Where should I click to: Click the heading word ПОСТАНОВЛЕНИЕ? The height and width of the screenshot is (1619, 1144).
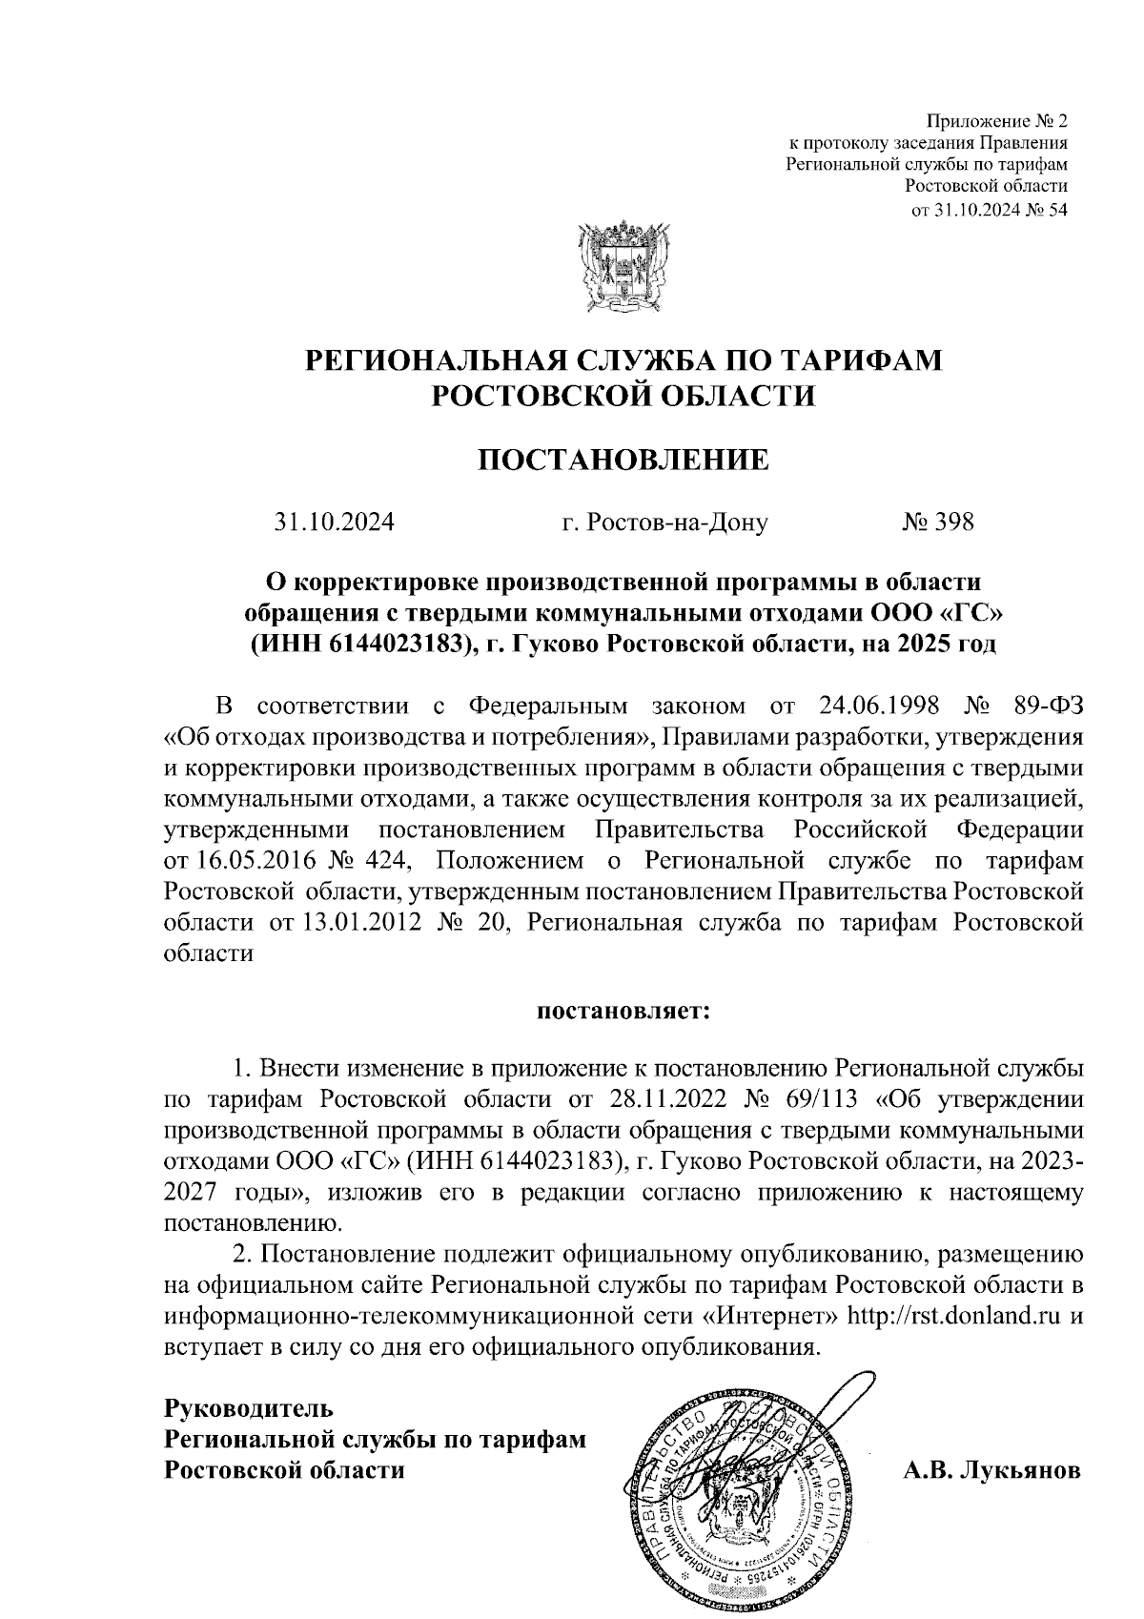(623, 461)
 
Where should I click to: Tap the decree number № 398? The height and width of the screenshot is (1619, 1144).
(937, 523)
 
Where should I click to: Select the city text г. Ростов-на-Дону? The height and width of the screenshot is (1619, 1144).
(664, 523)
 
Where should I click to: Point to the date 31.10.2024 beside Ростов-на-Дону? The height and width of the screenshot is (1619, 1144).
(335, 523)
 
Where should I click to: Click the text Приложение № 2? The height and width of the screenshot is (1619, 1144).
(997, 122)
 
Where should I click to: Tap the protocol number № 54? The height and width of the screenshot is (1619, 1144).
(1043, 210)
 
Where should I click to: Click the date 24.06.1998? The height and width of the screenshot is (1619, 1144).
(880, 707)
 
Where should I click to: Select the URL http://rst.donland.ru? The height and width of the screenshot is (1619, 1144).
(954, 1316)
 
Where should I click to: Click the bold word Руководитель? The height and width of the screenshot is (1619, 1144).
(250, 1408)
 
